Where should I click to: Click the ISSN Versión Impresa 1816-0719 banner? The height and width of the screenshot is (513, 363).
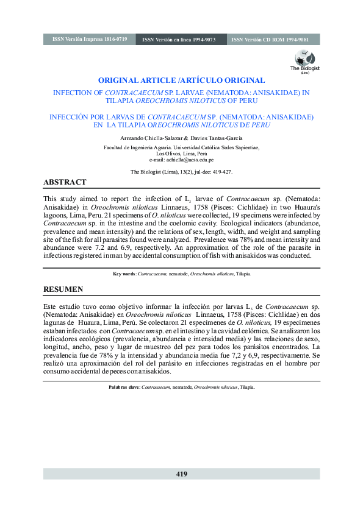pos(90,39)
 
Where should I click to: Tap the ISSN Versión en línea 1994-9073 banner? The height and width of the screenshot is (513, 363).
pos(179,40)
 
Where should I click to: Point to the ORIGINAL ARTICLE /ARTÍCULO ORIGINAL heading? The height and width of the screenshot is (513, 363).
pos(181,80)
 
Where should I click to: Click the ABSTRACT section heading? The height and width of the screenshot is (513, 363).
pos(65,182)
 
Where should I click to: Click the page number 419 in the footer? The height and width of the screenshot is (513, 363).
pos(181,474)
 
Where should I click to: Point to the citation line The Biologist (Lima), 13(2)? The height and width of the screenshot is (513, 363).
pos(181,172)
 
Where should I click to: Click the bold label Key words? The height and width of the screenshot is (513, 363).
pos(124,274)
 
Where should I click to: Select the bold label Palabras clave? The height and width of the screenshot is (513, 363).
pos(124,387)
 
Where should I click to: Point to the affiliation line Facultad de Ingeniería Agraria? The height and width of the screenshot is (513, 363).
pos(181,147)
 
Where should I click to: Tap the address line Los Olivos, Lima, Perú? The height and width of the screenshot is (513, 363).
pos(181,154)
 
